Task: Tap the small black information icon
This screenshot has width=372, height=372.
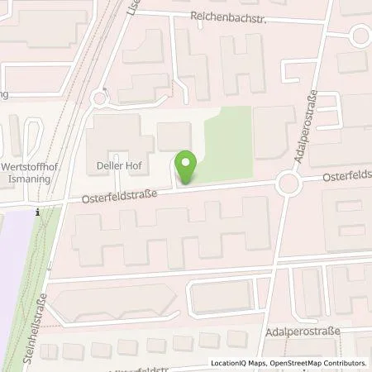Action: point(38,212)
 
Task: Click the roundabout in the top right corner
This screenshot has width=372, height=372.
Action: point(360,35)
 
